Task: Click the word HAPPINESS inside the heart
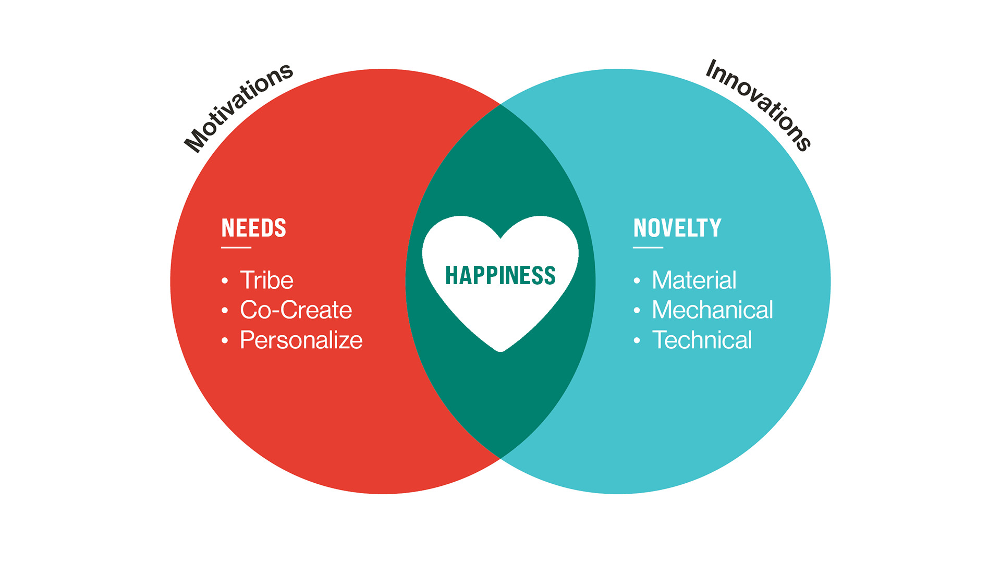point(500,275)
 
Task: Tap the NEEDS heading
point(254,228)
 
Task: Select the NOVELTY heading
point(677,228)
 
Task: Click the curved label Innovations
point(758,105)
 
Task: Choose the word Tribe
point(266,280)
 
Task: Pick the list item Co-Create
point(296,310)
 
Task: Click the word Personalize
point(301,340)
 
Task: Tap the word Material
point(694,280)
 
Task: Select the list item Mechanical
point(712,310)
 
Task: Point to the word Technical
point(702,340)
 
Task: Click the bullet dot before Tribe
point(225,281)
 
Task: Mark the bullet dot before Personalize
point(225,341)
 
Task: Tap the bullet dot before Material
point(637,281)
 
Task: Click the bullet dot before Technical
point(637,341)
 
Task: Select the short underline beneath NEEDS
point(236,248)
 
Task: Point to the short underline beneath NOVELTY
point(648,248)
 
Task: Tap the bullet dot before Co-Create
point(225,311)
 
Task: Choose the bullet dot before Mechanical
point(637,311)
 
